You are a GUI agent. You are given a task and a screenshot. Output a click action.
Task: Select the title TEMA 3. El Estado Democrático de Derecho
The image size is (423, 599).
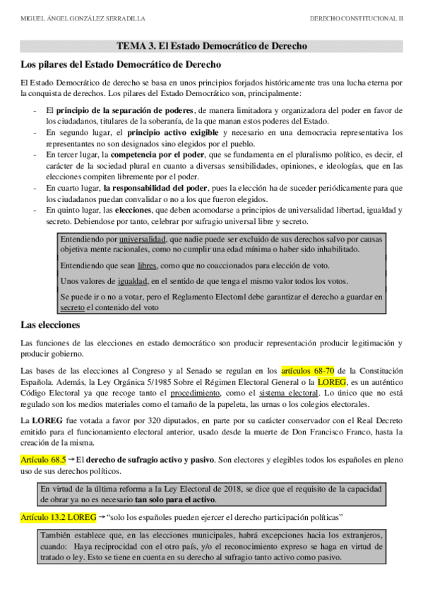[211, 46]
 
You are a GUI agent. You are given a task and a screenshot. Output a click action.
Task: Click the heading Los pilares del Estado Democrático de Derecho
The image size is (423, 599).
[112, 65]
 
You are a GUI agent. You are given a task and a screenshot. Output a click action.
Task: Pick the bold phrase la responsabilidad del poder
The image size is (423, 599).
[156, 188]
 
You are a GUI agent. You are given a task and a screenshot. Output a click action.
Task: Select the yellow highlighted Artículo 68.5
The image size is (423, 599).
[43, 460]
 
